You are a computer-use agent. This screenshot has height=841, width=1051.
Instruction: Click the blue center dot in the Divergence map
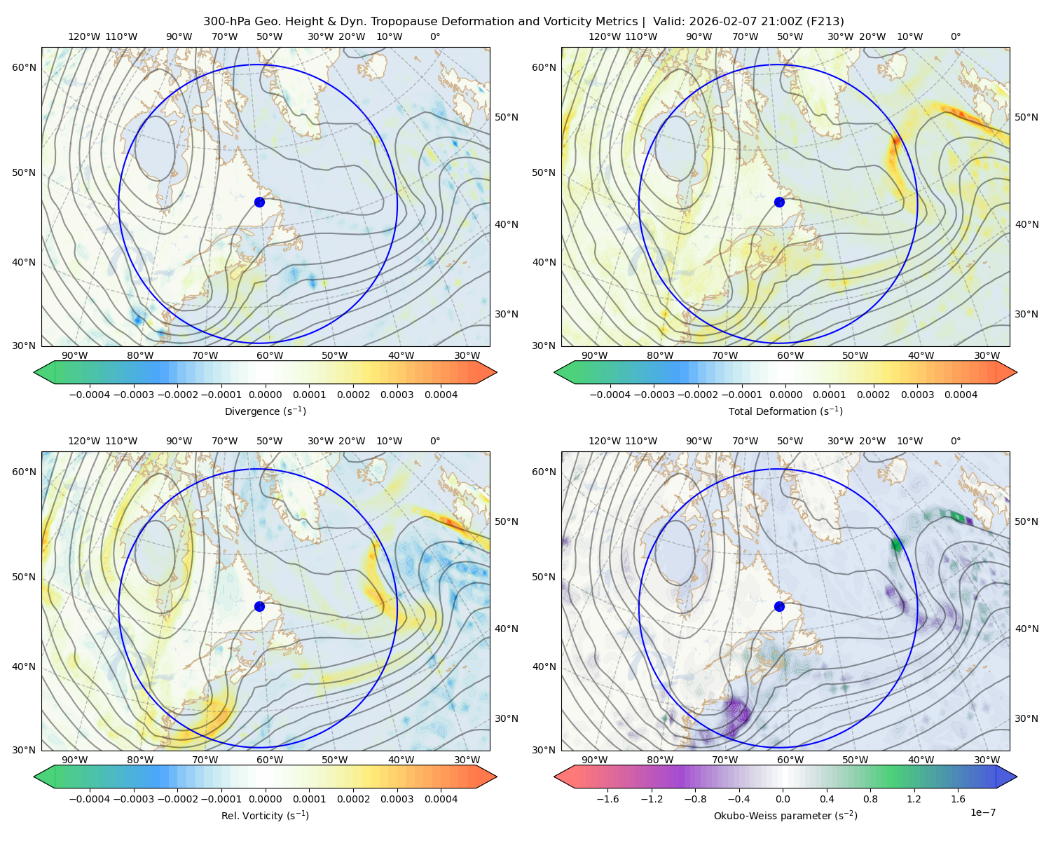[x=259, y=202]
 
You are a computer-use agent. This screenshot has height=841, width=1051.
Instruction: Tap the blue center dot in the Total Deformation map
[x=779, y=202]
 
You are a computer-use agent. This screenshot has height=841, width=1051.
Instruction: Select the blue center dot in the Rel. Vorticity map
[x=259, y=606]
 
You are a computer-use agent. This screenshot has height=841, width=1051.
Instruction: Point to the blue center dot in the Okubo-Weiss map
[x=779, y=606]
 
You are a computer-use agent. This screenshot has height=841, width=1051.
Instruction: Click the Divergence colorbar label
[x=265, y=411]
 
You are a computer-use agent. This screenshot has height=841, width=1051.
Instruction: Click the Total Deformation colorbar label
[x=785, y=411]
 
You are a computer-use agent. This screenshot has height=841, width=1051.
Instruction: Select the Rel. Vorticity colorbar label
[x=265, y=816]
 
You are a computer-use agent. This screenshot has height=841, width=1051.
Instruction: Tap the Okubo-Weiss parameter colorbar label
[x=785, y=816]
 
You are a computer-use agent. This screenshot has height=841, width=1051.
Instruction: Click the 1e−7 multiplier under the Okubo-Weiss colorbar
[x=982, y=812]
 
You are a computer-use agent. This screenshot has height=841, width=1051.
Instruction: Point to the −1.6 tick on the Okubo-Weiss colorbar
[x=607, y=799]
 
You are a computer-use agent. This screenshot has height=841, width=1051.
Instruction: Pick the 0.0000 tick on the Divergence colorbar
[x=265, y=395]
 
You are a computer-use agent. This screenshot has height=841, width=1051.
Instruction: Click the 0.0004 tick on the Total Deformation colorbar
[x=961, y=395]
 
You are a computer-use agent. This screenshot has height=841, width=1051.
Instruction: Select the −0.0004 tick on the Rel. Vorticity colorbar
[x=90, y=799]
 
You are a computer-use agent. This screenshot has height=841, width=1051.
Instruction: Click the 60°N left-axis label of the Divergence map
[x=24, y=67]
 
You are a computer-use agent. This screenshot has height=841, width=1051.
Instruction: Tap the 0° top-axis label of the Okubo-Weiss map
[x=955, y=441]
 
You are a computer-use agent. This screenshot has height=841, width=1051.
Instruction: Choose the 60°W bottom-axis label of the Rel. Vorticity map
[x=270, y=760]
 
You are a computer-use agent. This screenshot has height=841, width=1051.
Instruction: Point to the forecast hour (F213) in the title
[x=825, y=22]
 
